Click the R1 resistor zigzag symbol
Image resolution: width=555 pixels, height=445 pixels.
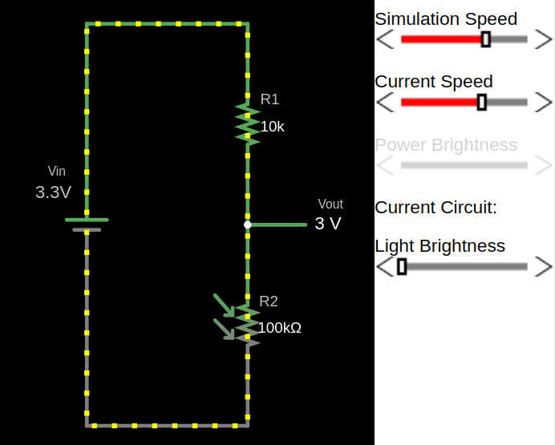[x=247, y=121]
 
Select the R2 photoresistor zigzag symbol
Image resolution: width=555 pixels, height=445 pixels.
[x=247, y=326]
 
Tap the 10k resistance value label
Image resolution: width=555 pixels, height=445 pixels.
[x=272, y=127]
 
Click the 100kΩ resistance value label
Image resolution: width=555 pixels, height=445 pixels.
[x=279, y=327]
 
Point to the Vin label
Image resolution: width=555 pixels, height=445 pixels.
[x=57, y=171]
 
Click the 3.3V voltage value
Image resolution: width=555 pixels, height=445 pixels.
[x=53, y=192]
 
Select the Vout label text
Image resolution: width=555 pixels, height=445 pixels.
[x=330, y=204]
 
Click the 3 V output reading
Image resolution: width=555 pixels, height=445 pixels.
[x=327, y=224]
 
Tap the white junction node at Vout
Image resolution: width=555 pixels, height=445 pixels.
[x=248, y=225]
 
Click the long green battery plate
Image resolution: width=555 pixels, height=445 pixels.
[x=87, y=220]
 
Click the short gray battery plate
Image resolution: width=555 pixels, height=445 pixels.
[x=87, y=230]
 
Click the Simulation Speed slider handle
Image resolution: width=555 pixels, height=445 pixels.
[x=485, y=39]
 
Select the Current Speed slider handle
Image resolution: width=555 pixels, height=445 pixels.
[x=482, y=102]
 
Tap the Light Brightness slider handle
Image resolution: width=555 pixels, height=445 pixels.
[x=402, y=266]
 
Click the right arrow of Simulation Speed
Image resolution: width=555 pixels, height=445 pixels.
[x=544, y=39]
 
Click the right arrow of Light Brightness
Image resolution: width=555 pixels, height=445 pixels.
[x=544, y=266]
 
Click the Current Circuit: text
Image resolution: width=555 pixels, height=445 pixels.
[x=435, y=208]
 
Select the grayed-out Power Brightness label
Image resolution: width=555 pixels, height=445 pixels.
[x=446, y=145]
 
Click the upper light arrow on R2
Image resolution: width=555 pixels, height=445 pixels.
[x=224, y=305]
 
